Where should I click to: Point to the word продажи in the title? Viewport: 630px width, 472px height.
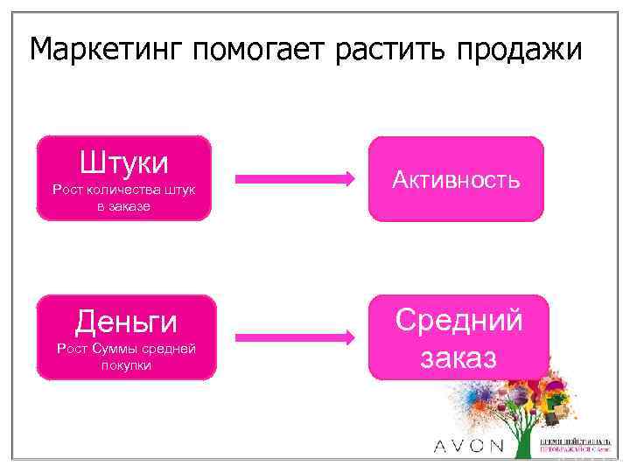point(522,50)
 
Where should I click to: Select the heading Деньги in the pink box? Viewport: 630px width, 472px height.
point(125,323)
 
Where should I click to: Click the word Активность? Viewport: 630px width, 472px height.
point(456,180)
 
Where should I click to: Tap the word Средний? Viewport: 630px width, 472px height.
point(459,320)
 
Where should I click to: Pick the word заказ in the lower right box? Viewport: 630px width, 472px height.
point(459,357)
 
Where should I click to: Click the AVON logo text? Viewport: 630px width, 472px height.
point(469,446)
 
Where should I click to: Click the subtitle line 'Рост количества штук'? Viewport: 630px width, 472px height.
point(124,190)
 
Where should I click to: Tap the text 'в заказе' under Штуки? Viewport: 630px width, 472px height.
point(124,206)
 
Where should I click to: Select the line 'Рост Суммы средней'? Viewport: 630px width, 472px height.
point(125,349)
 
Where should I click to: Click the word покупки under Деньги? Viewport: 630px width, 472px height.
point(125,365)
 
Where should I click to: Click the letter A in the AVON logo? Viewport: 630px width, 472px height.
point(442,446)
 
